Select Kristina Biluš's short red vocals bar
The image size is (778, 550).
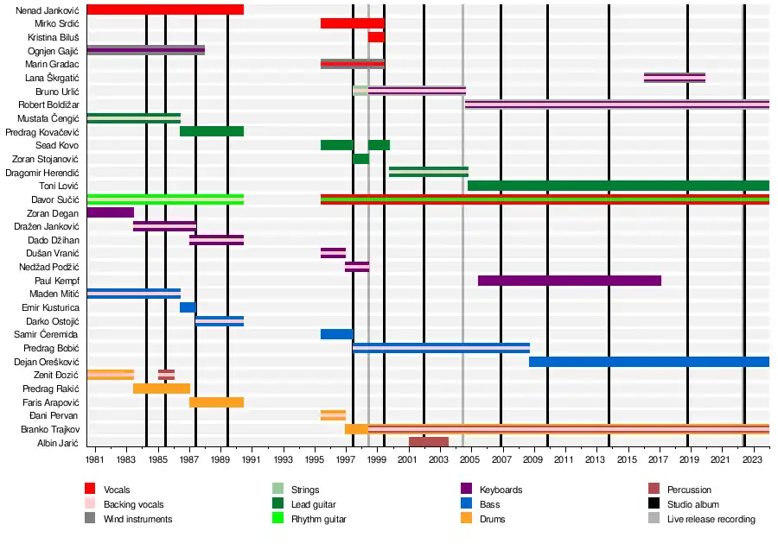tap(376, 37)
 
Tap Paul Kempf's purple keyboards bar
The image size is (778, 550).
tap(569, 281)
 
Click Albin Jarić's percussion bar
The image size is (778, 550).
tap(428, 442)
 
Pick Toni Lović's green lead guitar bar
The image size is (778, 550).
tap(618, 186)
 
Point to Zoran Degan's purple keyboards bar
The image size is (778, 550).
tap(111, 212)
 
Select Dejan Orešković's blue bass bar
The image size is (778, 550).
tap(648, 362)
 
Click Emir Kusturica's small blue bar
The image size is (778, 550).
tap(188, 307)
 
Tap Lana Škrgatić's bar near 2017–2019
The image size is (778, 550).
tap(674, 78)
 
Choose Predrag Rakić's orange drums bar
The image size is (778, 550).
tap(162, 389)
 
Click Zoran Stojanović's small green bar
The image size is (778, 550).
tap(360, 159)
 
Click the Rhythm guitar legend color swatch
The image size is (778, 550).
tap(278, 519)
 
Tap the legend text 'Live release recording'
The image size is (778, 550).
tap(711, 519)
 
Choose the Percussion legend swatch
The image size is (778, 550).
tap(654, 490)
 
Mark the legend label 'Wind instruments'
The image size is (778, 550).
tap(137, 519)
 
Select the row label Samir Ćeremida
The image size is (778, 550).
tap(46, 334)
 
